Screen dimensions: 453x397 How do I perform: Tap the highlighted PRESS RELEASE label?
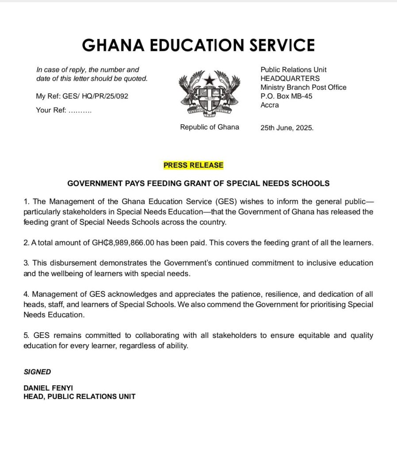point(193,165)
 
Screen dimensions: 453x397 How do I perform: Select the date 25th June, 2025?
point(287,128)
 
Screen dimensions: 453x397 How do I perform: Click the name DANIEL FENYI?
point(48,388)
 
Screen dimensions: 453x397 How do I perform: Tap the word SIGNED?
point(37,372)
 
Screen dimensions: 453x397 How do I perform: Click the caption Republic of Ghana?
point(209,127)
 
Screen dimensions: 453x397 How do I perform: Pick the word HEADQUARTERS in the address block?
point(290,78)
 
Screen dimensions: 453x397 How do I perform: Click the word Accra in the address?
point(270,105)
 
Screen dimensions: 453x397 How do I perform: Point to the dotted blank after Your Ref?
point(80,111)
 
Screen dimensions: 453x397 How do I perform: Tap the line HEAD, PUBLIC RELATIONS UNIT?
point(79,396)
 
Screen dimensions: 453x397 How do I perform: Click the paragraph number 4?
point(26,294)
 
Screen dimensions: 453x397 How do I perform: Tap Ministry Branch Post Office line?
point(303,87)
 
